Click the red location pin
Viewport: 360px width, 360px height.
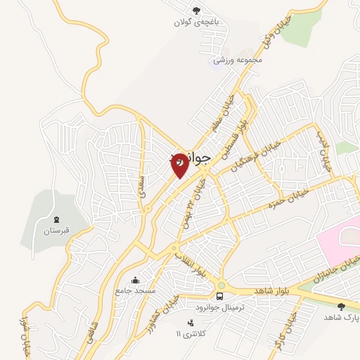(x=180, y=164)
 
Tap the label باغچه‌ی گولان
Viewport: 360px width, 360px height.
(x=198, y=22)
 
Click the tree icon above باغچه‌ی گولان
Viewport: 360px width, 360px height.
(x=197, y=10)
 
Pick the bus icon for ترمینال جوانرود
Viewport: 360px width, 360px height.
(x=220, y=295)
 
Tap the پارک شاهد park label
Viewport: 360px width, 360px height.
(x=341, y=317)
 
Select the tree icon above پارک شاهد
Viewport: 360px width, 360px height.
(x=341, y=306)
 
